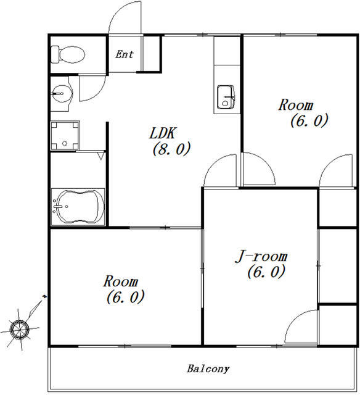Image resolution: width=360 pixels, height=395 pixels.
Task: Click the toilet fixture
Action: tap(68, 54)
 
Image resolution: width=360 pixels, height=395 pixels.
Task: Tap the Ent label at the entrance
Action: tap(125, 54)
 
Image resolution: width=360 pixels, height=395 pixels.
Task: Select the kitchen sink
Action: tap(226, 98)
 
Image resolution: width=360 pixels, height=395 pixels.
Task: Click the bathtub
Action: tap(78, 207)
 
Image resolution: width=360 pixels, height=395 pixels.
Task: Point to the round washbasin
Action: tap(62, 94)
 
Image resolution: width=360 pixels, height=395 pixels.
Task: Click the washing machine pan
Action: tap(65, 136)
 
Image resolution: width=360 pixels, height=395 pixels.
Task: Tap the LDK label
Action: tap(162, 133)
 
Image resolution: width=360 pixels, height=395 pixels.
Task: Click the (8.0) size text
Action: tap(171, 149)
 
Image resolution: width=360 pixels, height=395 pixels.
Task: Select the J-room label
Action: tap(261, 257)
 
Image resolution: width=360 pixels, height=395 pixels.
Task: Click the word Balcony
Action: tap(208, 369)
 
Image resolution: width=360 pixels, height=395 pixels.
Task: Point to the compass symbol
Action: tap(20, 328)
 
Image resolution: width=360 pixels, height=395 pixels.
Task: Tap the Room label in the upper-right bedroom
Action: tap(296, 105)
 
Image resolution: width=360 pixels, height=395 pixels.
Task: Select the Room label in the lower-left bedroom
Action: tap(120, 281)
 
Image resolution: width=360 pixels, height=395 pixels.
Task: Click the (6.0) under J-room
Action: tap(266, 272)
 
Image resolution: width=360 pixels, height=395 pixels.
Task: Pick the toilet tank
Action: tap(55, 54)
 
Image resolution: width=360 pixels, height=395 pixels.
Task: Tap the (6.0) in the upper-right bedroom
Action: tap(309, 120)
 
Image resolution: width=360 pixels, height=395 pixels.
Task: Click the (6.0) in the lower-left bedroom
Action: tap(125, 297)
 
